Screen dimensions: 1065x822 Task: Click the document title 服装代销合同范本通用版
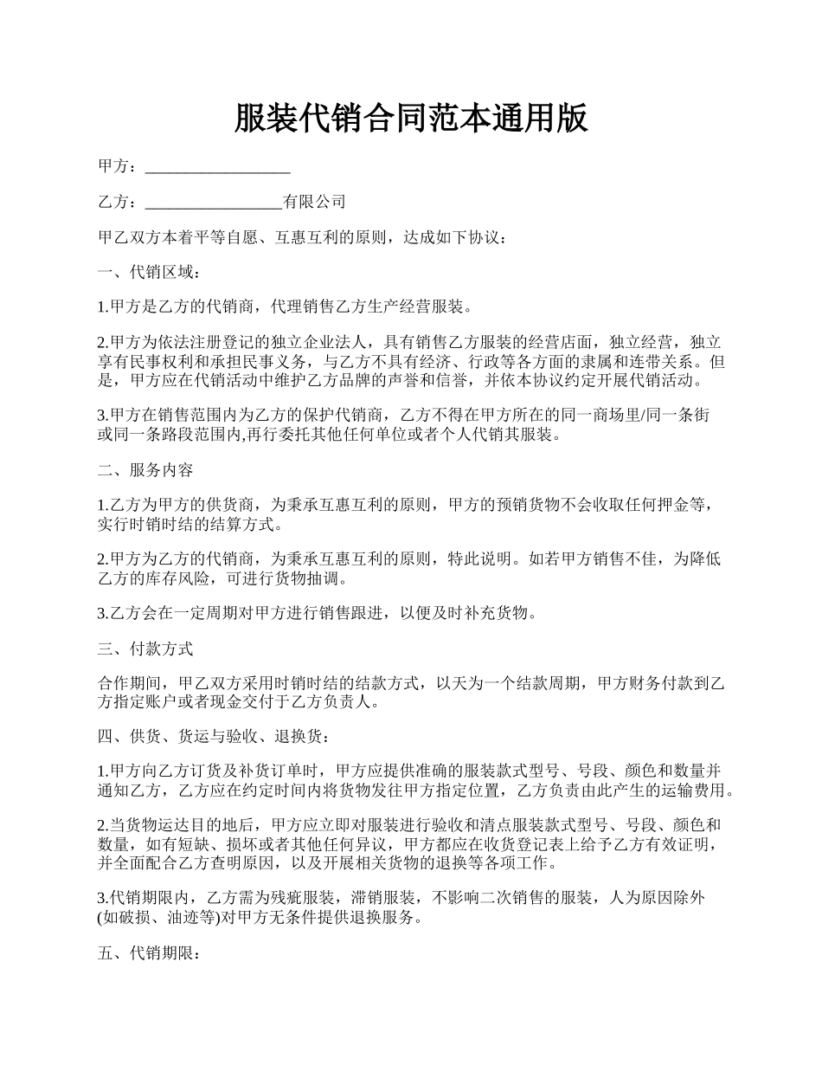[411, 119]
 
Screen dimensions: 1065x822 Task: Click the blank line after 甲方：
[217, 167]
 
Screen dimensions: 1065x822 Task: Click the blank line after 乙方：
[214, 203]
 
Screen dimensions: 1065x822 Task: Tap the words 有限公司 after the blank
[315, 202]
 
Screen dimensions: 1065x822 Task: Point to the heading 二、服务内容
[145, 470]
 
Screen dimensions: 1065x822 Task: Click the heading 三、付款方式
[145, 649]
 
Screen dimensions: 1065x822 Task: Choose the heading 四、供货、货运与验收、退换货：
[213, 737]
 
